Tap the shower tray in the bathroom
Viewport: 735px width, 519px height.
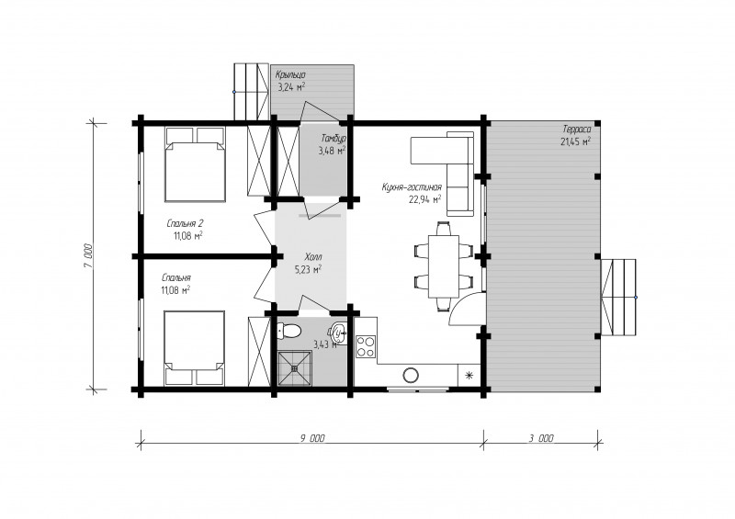tap(294, 368)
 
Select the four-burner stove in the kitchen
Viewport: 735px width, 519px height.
tap(366, 346)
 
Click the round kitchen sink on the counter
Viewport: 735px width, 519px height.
tap(411, 375)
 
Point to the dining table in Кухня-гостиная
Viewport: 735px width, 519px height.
tap(444, 266)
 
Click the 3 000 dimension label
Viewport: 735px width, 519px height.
tap(541, 438)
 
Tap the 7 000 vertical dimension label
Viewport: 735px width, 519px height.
tap(89, 256)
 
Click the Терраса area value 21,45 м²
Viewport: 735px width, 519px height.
tap(576, 141)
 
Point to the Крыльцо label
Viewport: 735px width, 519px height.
tap(290, 74)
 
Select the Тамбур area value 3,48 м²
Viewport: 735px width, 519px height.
tap(332, 151)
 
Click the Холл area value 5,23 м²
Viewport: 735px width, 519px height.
tap(308, 269)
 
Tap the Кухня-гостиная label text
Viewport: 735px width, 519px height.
tap(412, 187)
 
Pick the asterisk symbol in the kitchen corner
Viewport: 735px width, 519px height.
tap(469, 375)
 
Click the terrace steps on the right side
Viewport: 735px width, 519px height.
tap(618, 297)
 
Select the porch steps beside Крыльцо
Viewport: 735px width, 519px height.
tap(251, 92)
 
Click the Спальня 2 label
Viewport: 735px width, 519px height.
tap(186, 222)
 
